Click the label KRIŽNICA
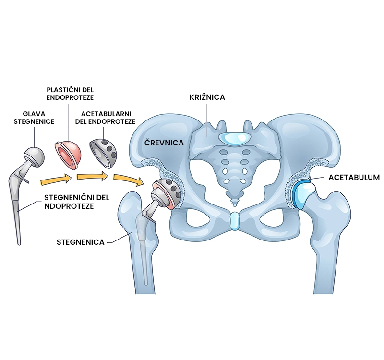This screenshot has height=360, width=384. pyautogui.click(x=207, y=97)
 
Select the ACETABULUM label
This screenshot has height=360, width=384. pyautogui.click(x=354, y=177)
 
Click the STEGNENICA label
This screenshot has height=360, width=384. pyautogui.click(x=81, y=242)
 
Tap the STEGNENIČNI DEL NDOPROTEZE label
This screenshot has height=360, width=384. pyautogui.click(x=76, y=202)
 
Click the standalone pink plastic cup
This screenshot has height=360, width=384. pyautogui.click(x=68, y=154)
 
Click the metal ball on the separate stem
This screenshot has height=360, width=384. pyautogui.click(x=34, y=155)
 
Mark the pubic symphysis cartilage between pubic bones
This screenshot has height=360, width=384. pyautogui.click(x=234, y=221)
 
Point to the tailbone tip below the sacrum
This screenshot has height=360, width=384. pyautogui.click(x=233, y=201)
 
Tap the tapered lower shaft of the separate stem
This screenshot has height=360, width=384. pyautogui.click(x=18, y=226)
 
